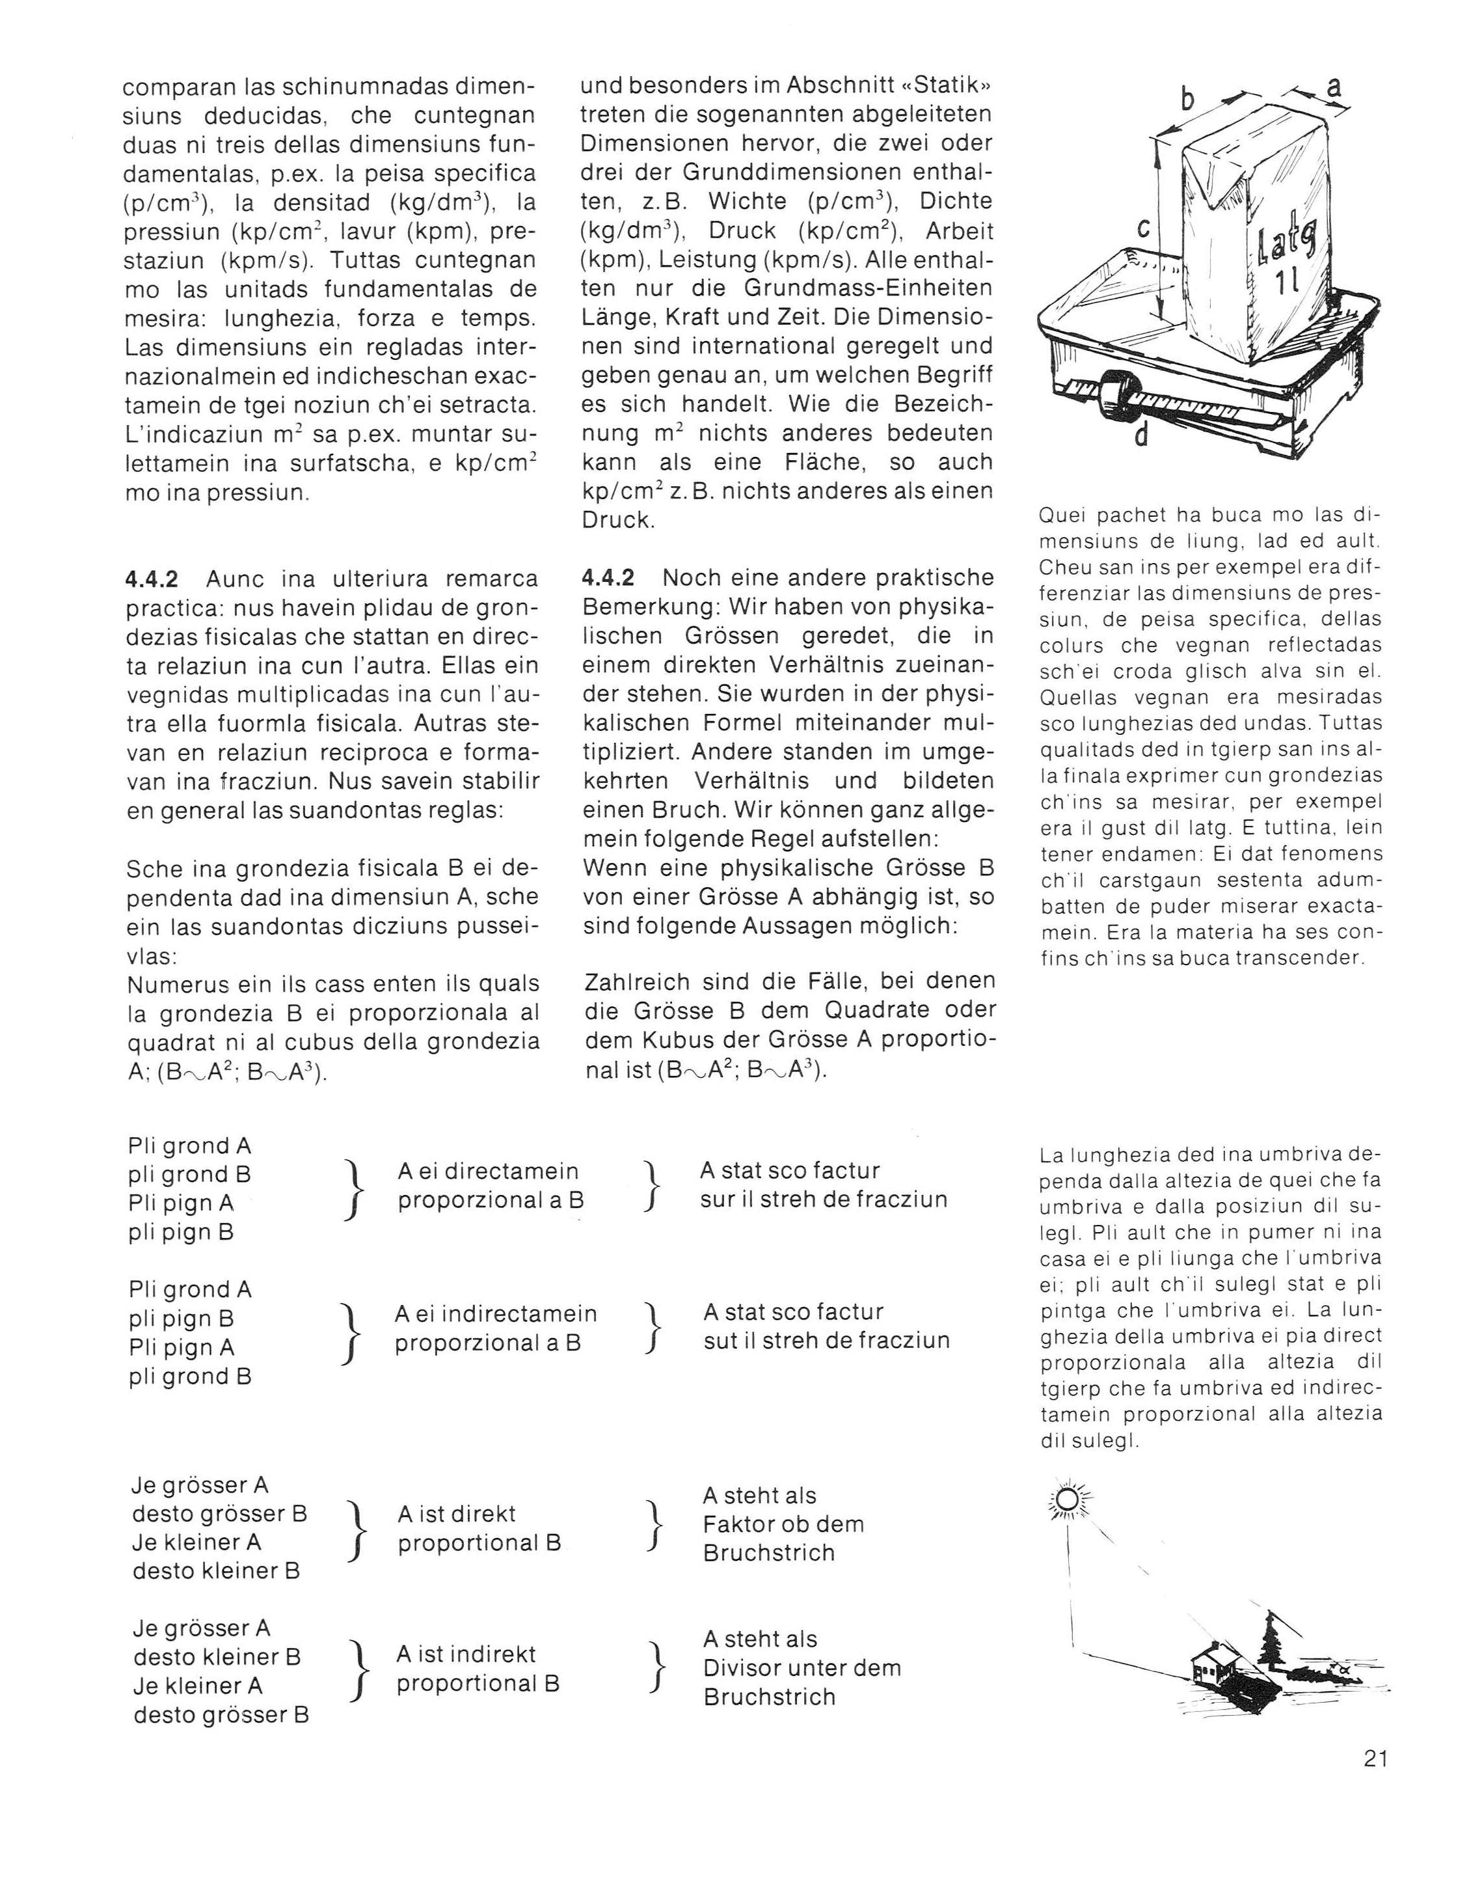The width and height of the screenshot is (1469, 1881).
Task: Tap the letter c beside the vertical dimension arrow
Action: [1144, 228]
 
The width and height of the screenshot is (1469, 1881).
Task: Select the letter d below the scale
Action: [1142, 437]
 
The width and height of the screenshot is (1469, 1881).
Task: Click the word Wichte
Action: [748, 202]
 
